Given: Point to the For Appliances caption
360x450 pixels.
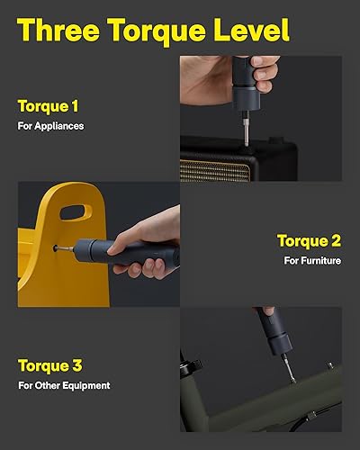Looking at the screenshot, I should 50,126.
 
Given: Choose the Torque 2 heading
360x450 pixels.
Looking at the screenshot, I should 309,240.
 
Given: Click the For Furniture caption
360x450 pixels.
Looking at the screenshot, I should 312,260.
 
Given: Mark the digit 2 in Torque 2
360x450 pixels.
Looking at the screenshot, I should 337,240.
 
